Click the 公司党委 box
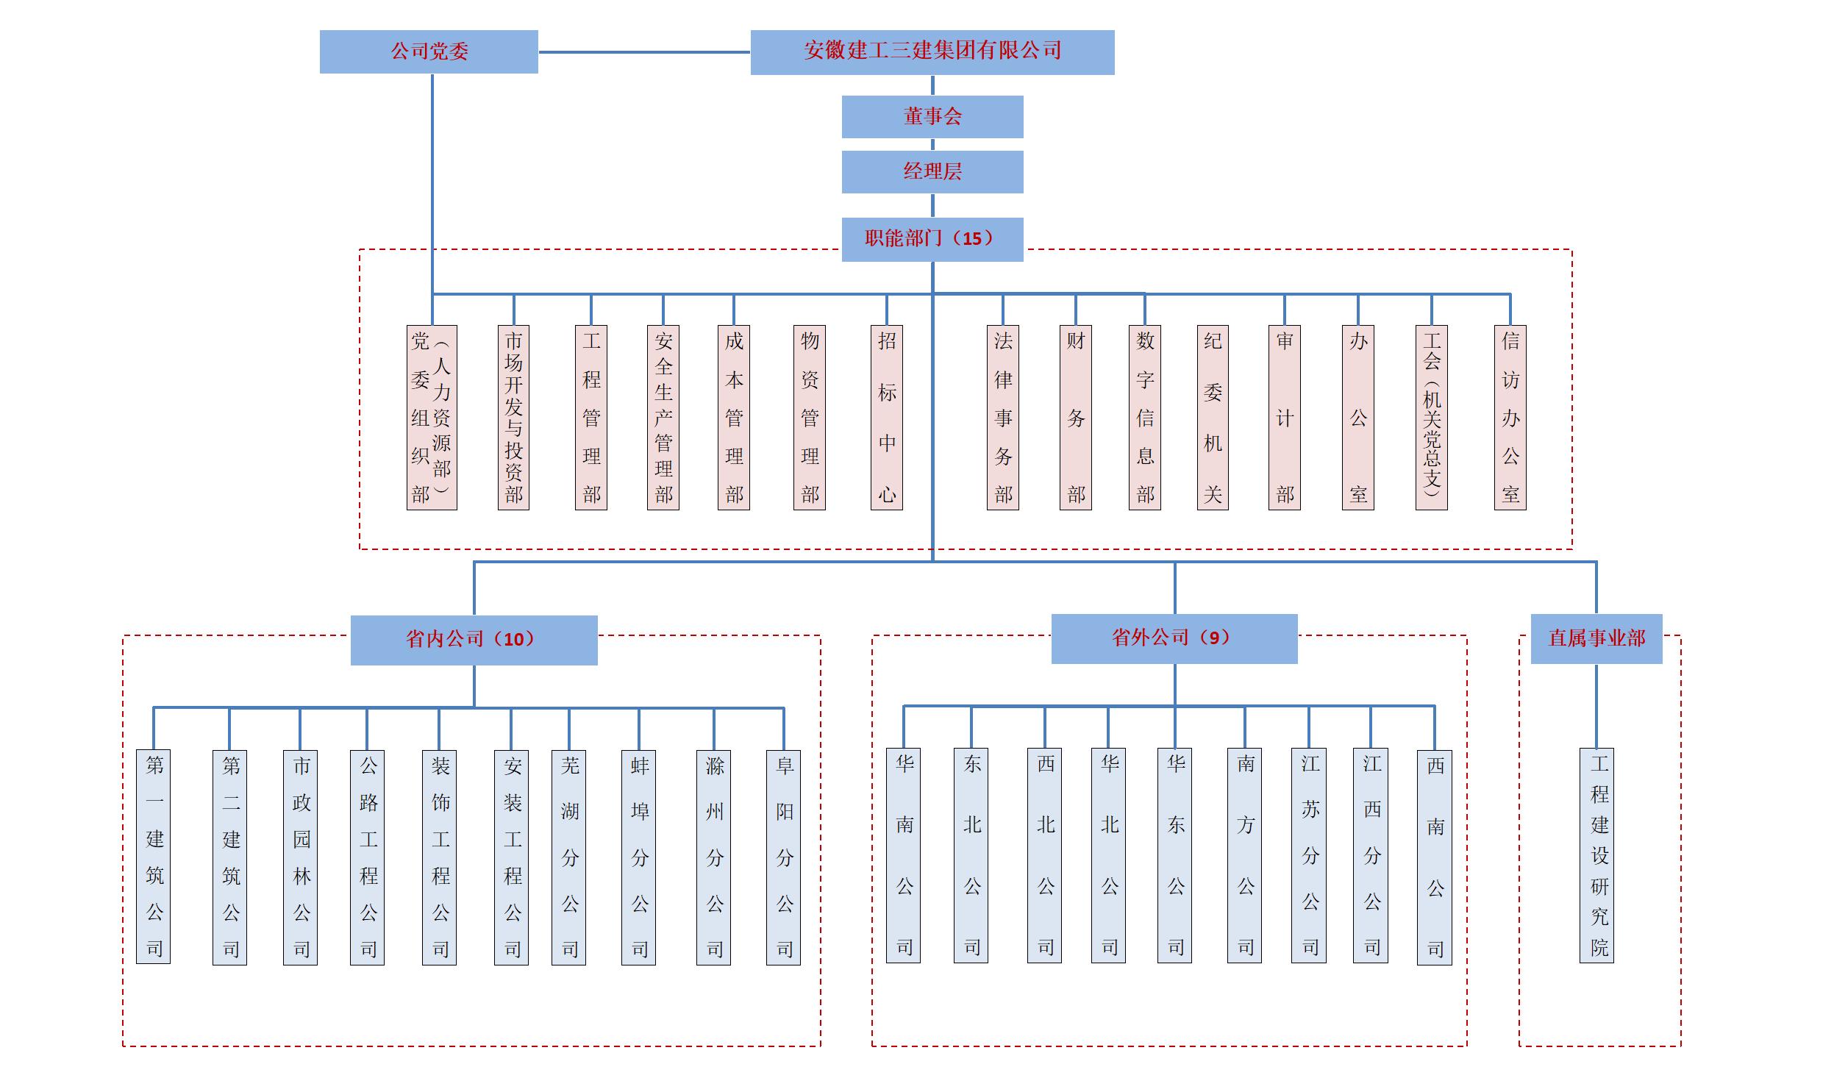pyautogui.click(x=429, y=51)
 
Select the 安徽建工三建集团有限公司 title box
pyautogui.click(x=932, y=51)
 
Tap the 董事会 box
pyautogui.click(x=932, y=116)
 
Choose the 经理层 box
pyautogui.click(x=932, y=171)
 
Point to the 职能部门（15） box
pyautogui.click(x=932, y=239)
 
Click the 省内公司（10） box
pyautogui.click(x=474, y=640)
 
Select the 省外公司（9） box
pyautogui.click(x=1174, y=638)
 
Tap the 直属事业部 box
pyautogui.click(x=1596, y=638)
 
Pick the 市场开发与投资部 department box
pyautogui.click(x=513, y=417)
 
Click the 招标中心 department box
pyautogui.click(x=886, y=417)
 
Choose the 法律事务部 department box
pyautogui.click(x=1002, y=417)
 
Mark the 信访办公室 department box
pyautogui.click(x=1510, y=417)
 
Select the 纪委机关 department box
pyautogui.click(x=1213, y=417)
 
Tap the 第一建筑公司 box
pyautogui.click(x=153, y=857)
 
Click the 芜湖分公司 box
pyautogui.click(x=568, y=857)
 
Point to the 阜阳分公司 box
pyautogui.click(x=783, y=857)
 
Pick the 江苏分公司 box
pyautogui.click(x=1308, y=855)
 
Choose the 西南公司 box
pyautogui.click(x=1434, y=857)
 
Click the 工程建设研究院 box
pyautogui.click(x=1596, y=855)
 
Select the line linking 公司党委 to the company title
pyautogui.click(x=644, y=52)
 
